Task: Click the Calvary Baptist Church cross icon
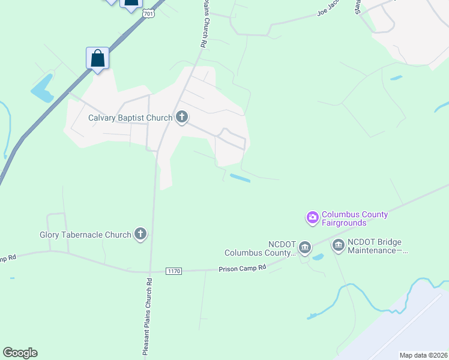(182, 118)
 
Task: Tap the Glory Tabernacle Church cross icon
(140, 234)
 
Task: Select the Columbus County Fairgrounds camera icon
(312, 217)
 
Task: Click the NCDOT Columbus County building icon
(305, 247)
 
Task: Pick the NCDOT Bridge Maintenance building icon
(338, 244)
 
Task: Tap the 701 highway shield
(150, 13)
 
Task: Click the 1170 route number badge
(173, 271)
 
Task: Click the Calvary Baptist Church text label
(130, 118)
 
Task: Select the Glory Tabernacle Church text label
(85, 235)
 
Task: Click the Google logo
(20, 353)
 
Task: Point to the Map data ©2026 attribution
(423, 355)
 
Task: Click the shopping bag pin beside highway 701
(98, 59)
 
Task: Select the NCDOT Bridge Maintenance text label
(376, 246)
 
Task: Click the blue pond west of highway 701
(43, 88)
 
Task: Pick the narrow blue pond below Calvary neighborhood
(240, 178)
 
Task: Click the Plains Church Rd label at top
(203, 24)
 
